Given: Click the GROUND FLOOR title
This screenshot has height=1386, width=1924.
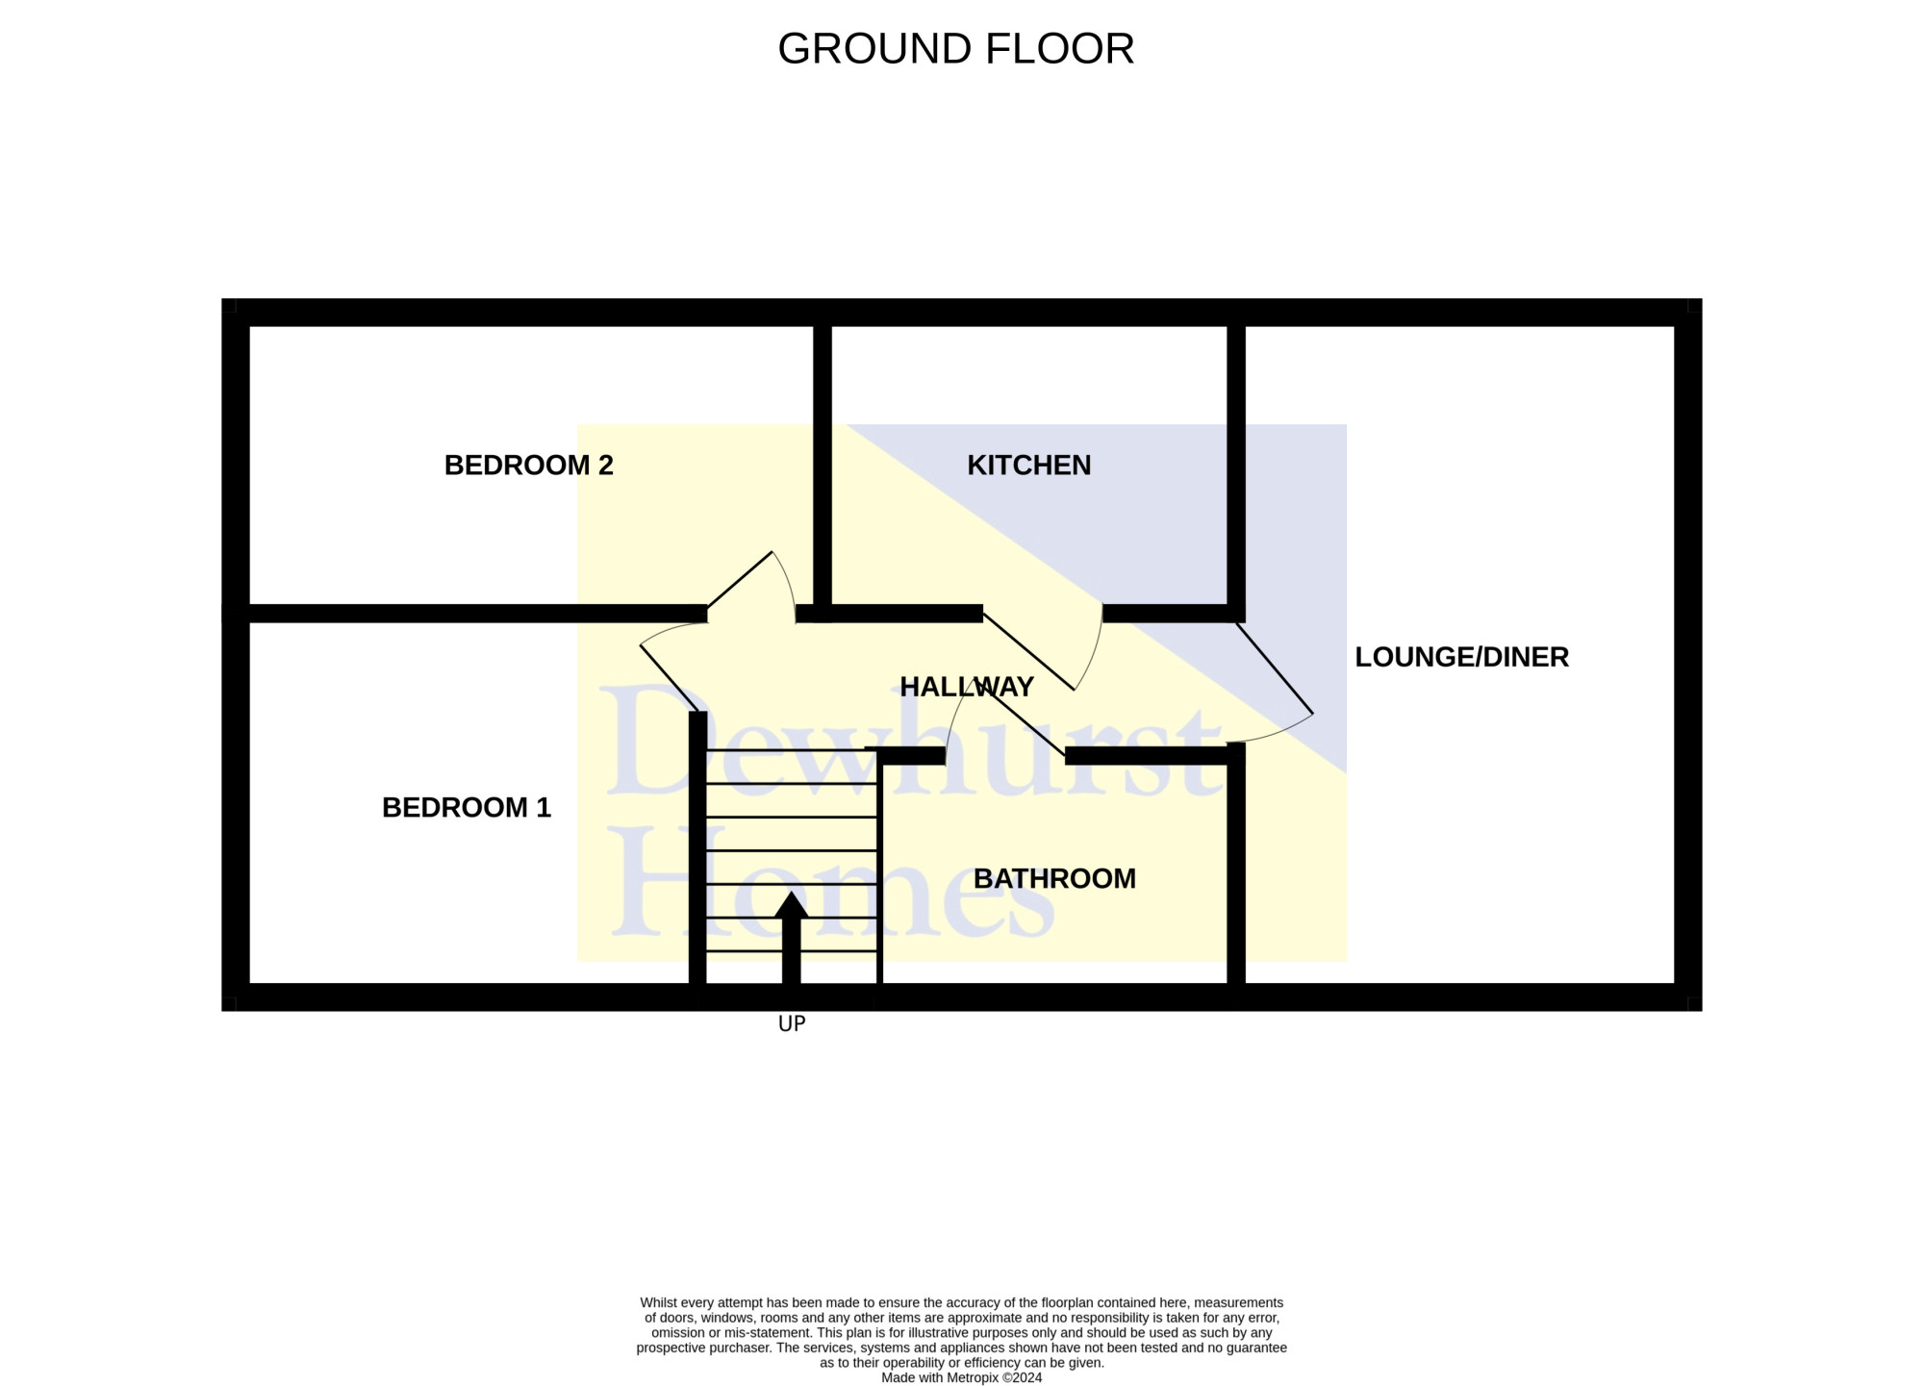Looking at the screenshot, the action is (955, 49).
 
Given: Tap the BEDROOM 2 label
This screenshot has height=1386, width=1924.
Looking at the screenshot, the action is (528, 466).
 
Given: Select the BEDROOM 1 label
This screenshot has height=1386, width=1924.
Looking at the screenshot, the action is (467, 808).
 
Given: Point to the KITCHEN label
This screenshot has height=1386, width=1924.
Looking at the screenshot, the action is (1028, 466).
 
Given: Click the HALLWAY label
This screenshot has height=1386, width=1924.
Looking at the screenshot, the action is (967, 687).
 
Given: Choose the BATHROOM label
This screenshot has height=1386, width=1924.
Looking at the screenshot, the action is (1054, 879).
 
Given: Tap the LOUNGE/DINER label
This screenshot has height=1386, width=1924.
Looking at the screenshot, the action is (1461, 658).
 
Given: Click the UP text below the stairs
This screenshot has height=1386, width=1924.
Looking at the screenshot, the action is (792, 1024).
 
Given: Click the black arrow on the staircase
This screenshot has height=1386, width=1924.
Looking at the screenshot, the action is (791, 938).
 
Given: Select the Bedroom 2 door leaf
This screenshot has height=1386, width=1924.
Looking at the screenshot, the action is (740, 581).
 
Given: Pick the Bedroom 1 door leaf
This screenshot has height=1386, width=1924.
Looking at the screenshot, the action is (669, 678).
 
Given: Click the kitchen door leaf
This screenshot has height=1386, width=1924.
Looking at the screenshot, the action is (1028, 652).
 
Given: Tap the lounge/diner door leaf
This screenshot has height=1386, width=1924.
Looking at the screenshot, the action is (1274, 668).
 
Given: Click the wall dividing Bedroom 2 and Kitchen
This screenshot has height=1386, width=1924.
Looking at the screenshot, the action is (823, 474).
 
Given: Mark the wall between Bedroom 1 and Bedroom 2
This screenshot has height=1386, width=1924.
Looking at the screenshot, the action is (465, 614).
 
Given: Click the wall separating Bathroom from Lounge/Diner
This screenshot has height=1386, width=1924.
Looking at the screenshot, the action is (1236, 864).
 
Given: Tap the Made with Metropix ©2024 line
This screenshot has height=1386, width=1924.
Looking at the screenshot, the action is (962, 1377).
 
